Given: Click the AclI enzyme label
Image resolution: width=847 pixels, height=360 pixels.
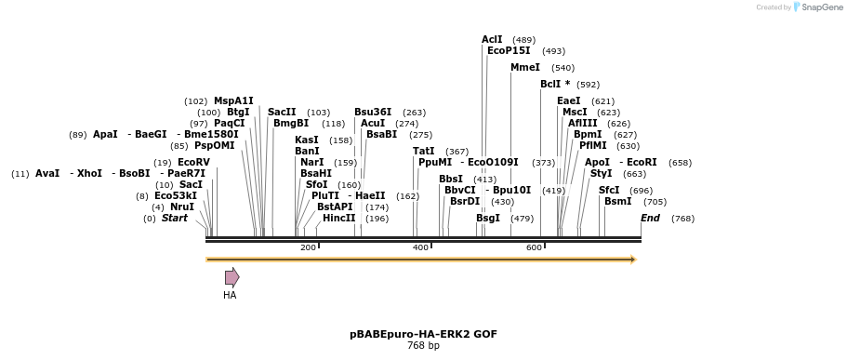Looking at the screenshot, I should (492, 40).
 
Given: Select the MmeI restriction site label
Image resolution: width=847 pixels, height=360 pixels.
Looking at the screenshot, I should (524, 68).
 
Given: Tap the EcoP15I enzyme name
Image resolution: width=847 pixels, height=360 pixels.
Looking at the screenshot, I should (509, 51).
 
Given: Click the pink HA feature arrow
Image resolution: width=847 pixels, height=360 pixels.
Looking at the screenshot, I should (232, 277).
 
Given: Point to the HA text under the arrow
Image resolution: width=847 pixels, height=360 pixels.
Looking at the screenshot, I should (230, 296).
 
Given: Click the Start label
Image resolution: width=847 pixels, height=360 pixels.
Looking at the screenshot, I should (175, 219).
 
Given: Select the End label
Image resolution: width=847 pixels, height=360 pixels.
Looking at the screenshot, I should (650, 219).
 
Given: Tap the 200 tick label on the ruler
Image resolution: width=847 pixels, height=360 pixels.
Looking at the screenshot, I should (308, 247).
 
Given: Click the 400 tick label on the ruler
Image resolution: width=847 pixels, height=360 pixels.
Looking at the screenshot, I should (421, 247).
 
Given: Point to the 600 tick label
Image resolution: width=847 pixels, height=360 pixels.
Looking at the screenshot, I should (534, 247).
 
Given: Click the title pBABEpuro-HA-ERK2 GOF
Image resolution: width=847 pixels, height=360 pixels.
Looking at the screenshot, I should (423, 334).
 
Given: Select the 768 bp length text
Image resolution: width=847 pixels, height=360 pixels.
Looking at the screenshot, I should (423, 346).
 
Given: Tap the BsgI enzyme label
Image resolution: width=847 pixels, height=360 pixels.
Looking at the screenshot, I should (488, 219).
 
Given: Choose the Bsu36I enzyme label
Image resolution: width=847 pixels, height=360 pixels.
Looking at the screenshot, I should (373, 112).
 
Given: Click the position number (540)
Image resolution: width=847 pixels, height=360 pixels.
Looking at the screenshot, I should (562, 68).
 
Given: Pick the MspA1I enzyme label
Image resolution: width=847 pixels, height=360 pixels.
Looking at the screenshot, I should (233, 101).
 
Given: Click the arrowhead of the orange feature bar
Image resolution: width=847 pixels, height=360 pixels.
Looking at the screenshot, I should (633, 260).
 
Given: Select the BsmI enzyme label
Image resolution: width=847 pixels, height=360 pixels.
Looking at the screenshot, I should (617, 201).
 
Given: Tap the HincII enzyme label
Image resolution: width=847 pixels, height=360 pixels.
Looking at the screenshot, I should (338, 219).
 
